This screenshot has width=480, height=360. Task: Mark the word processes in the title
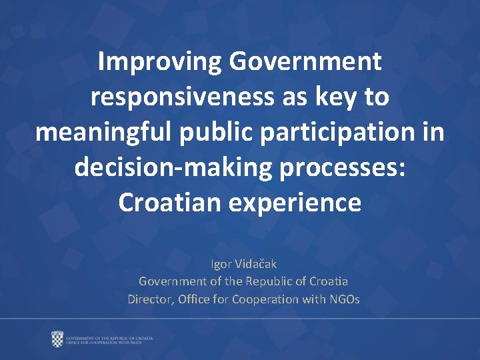[342, 167]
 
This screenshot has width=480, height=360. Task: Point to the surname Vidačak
[257, 264]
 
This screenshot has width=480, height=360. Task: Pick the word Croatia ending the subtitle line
[327, 281]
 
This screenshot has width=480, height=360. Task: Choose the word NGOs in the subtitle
[344, 299]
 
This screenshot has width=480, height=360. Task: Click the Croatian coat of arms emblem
[57, 339]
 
